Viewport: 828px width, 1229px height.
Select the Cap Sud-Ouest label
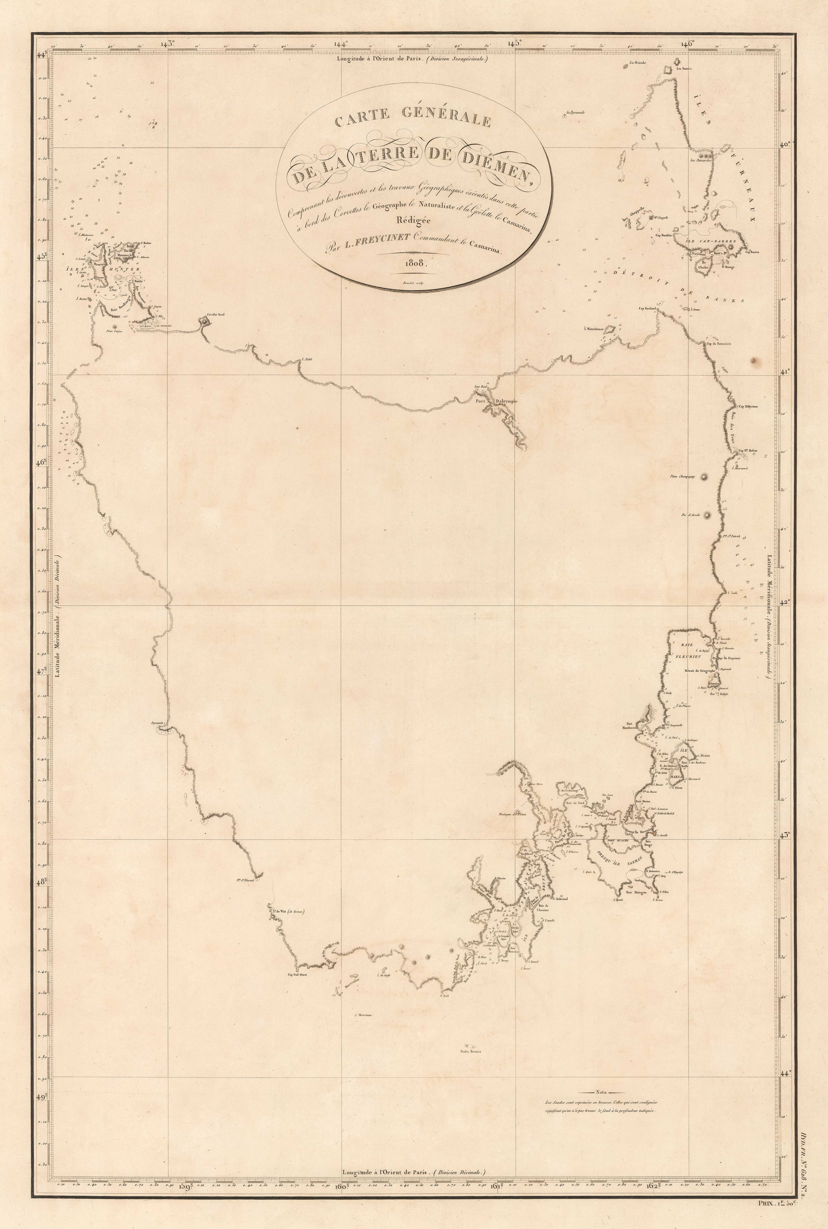tap(297, 975)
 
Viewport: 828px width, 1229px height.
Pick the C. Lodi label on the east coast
tap(732, 592)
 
